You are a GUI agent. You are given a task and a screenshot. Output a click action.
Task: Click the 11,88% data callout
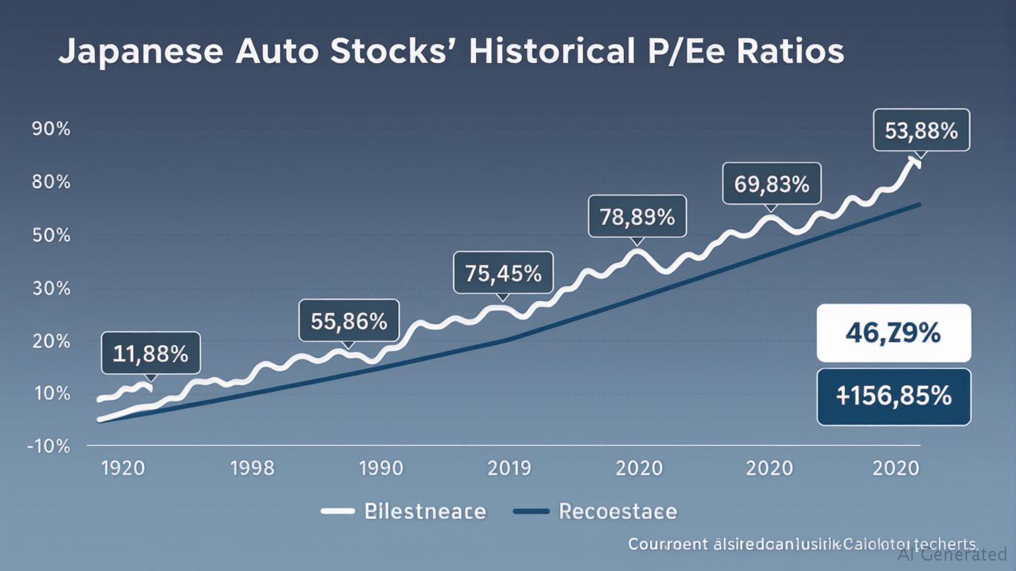[150, 353]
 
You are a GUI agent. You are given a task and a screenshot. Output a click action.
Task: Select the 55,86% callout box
[349, 321]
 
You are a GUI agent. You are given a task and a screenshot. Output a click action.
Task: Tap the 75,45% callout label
[503, 273]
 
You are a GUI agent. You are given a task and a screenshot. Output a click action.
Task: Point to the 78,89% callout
[637, 217]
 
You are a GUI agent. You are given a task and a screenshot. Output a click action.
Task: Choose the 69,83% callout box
[772, 183]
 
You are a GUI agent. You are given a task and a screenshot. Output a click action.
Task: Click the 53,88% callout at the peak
[921, 131]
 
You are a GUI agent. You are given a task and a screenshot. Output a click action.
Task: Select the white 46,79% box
[893, 333]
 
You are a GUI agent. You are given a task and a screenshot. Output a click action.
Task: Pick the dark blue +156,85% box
[893, 396]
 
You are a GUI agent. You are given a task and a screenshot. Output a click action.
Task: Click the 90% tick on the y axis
[51, 129]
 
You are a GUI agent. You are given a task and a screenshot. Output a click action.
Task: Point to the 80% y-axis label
[51, 182]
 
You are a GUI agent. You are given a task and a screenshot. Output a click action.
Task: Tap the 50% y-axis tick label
[51, 236]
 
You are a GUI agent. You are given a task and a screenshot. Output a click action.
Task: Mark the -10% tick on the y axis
[49, 448]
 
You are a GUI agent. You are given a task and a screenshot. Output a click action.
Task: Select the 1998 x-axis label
[252, 468]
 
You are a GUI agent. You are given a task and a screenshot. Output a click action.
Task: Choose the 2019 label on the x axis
[509, 468]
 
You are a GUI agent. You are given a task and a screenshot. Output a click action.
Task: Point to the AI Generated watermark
[952, 554]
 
